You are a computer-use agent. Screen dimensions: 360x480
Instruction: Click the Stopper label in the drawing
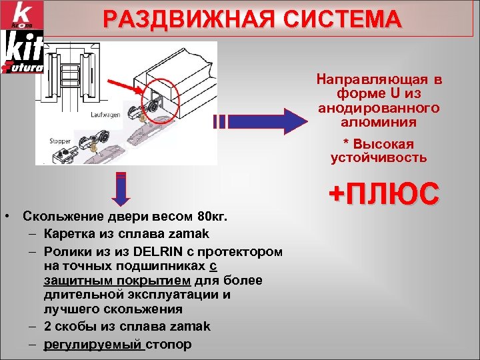61,141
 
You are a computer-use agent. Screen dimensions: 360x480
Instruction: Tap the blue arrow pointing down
121,191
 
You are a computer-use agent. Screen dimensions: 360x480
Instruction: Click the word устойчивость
378,158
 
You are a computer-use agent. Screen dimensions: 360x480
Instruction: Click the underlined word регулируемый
94,345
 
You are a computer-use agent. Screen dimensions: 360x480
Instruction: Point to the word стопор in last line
169,345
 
